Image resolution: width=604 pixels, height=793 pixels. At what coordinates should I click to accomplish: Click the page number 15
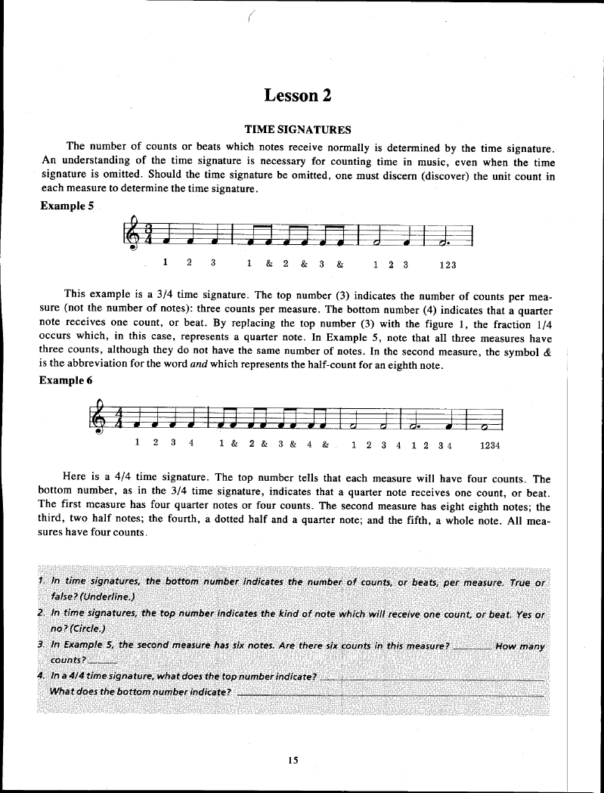click(293, 760)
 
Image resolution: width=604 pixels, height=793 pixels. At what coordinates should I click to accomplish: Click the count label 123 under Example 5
click(447, 265)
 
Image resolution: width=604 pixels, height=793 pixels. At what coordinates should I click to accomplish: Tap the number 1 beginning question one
click(39, 581)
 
